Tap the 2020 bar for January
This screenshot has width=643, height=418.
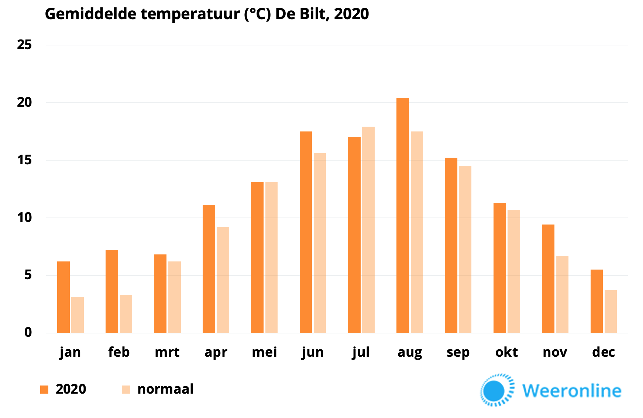(x=63, y=297)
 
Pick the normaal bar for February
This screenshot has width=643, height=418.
(x=126, y=314)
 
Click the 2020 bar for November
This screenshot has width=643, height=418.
(x=548, y=279)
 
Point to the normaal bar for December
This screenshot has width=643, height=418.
(x=611, y=312)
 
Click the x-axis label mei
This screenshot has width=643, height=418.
(x=264, y=352)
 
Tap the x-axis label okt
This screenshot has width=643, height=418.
(x=506, y=352)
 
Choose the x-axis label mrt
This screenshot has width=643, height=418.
(x=167, y=352)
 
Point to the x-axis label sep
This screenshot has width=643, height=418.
(x=458, y=353)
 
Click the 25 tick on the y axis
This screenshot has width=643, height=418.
(x=24, y=45)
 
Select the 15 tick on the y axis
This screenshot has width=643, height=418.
(x=24, y=160)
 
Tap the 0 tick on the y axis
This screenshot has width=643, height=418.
(x=28, y=332)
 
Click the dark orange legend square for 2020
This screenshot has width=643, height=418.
(x=44, y=389)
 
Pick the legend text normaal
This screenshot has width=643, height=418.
(x=165, y=389)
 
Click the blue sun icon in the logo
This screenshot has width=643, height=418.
(x=494, y=390)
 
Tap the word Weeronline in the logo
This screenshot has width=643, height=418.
(x=571, y=391)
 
